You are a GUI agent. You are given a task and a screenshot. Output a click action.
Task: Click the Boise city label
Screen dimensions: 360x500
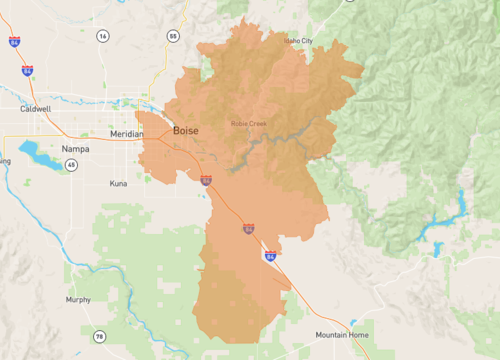coord(185,131)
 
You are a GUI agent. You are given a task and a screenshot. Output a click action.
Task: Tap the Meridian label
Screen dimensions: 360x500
coord(127,133)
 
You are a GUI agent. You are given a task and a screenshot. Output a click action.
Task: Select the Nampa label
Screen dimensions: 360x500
coord(75,149)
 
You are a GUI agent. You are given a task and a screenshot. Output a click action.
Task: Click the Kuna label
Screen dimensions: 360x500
coord(119,184)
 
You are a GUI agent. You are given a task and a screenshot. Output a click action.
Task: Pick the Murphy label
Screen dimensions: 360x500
coord(78,299)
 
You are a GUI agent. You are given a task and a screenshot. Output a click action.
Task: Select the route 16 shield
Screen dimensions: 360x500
coord(102,36)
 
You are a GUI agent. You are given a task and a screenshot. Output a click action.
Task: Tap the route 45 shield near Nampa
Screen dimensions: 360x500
coord(71,164)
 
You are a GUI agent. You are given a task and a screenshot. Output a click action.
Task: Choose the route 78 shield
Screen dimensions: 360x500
coord(99,336)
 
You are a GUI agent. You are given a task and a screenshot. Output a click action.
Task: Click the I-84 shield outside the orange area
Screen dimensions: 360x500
coord(28,71)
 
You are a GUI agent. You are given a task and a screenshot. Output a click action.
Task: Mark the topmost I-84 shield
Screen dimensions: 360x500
coord(14,43)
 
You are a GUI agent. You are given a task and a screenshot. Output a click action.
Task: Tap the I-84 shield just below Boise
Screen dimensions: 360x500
coord(205,181)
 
